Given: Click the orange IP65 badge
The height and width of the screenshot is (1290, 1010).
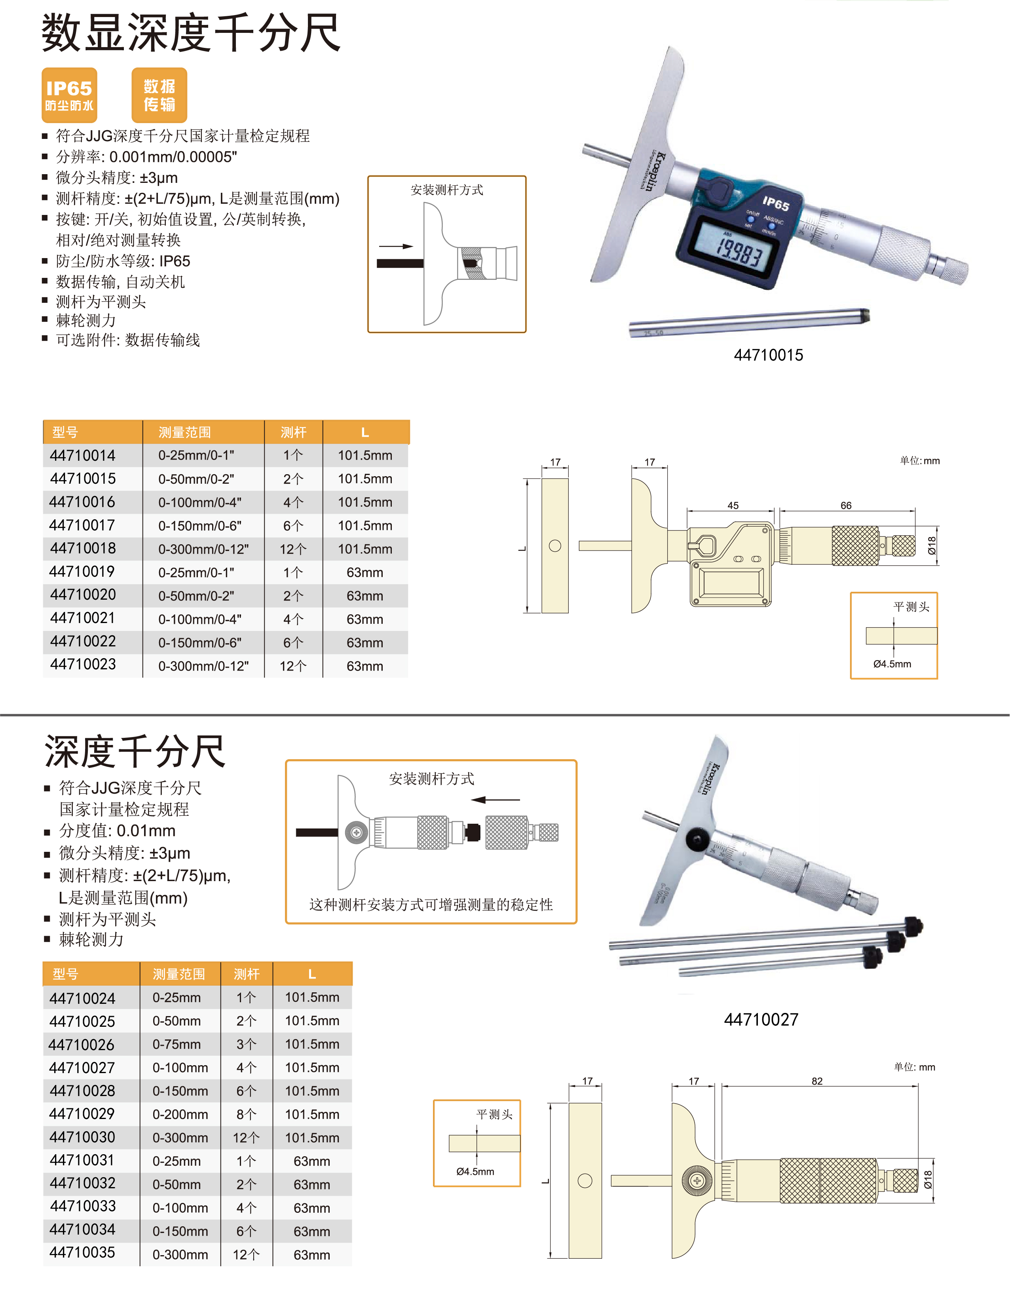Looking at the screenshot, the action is coord(69,95).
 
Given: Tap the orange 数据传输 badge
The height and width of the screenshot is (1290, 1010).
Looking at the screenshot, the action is coord(159,95).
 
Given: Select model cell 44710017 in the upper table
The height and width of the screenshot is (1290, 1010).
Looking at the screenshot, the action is coord(82,525).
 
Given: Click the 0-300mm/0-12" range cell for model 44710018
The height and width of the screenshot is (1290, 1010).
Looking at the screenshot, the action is coord(203,549).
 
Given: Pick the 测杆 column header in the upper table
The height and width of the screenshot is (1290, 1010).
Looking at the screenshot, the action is coord(293,432).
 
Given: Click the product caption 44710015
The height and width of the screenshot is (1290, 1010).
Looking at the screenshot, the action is coord(768,355).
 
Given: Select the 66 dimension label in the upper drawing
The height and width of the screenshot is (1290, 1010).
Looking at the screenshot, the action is coord(846,505).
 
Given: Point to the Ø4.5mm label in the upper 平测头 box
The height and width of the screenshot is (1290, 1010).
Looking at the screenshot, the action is coord(892,664).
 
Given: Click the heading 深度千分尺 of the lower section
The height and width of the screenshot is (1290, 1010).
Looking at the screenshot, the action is coord(135,751).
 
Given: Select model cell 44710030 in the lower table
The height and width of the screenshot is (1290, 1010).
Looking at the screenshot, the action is coord(82,1137).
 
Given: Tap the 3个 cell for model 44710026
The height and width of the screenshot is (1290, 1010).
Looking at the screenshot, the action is coord(247,1044).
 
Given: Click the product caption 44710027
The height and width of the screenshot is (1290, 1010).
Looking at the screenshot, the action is coord(761,1019).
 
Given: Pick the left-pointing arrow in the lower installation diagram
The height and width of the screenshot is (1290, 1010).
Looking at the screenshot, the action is coord(496,800).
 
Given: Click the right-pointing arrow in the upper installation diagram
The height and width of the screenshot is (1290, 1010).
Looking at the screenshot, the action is coord(396,246).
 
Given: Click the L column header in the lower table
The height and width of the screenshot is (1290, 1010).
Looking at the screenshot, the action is coord(312,974).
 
